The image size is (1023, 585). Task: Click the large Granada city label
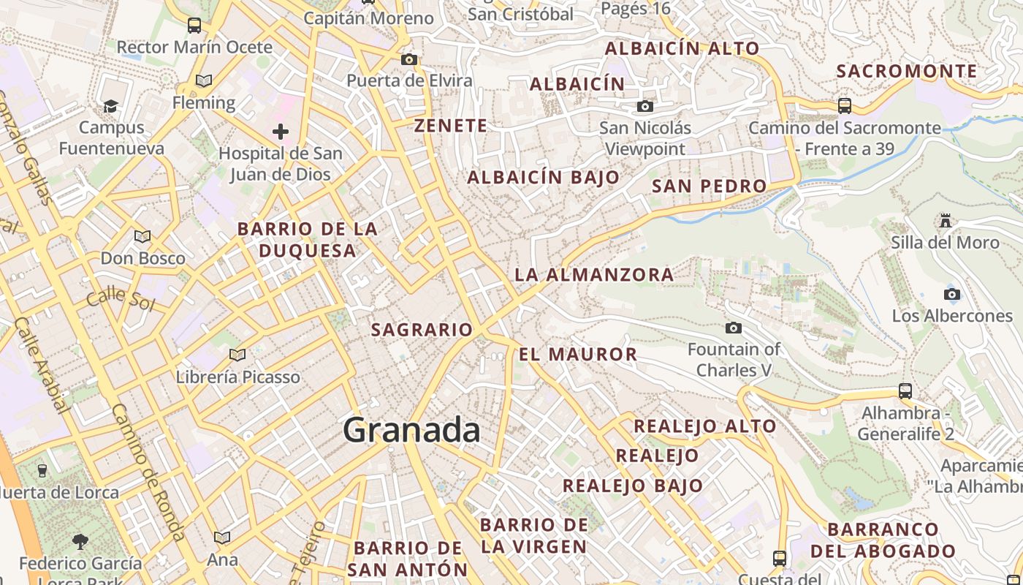[411, 430]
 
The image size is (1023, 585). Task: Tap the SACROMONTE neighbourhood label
[907, 71]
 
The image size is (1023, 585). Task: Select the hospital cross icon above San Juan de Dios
[280, 132]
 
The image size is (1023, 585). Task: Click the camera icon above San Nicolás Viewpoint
[644, 107]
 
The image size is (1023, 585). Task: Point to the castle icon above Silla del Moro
[946, 220]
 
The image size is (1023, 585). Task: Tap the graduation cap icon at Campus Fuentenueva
[111, 107]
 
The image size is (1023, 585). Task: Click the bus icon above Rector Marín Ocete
[194, 26]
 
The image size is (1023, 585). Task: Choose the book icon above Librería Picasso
[237, 355]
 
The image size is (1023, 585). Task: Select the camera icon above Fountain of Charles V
[734, 328]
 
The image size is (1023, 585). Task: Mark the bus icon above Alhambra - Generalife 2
[905, 391]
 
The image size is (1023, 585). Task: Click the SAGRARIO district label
[422, 330]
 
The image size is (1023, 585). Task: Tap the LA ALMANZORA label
[594, 275]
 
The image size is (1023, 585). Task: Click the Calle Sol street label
[121, 299]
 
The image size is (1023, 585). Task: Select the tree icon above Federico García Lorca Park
[80, 542]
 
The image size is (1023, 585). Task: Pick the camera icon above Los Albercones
[951, 295]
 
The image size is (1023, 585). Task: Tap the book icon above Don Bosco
[142, 237]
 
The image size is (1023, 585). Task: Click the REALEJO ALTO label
[704, 426]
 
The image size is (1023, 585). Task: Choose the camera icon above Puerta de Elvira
[409, 59]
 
